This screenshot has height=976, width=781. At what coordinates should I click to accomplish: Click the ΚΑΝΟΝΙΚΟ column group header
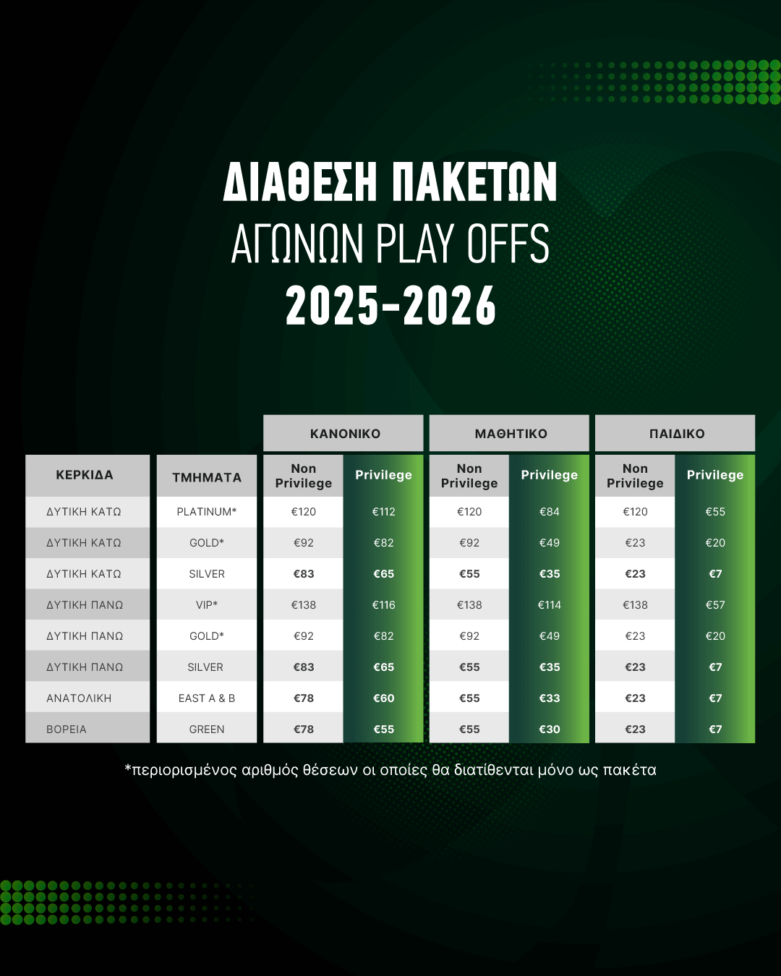tap(345, 434)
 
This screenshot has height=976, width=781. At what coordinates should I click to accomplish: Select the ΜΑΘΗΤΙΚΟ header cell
tap(511, 434)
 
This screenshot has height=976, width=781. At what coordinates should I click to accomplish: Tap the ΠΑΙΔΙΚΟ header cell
tap(677, 434)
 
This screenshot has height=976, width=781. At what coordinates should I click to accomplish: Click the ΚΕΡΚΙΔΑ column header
tap(85, 475)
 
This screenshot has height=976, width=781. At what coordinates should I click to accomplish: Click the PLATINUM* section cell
tap(207, 512)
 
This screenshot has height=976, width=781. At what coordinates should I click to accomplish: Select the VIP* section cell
tap(207, 605)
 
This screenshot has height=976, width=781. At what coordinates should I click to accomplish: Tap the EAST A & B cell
tap(207, 698)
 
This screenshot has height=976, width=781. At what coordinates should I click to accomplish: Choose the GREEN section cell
tap(207, 729)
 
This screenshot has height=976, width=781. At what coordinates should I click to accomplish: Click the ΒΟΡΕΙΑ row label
tap(67, 729)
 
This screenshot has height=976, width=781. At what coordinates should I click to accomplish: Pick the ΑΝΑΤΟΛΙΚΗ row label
tap(79, 698)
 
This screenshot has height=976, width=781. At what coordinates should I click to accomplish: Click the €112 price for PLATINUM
tap(383, 512)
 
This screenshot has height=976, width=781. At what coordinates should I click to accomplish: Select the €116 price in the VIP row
tap(383, 605)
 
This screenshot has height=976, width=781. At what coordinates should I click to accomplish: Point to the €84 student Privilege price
tap(549, 512)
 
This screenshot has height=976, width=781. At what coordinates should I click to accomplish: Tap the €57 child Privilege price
tap(715, 605)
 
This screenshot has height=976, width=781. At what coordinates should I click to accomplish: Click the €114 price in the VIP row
tap(549, 605)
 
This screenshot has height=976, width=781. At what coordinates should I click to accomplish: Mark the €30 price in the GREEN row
tap(549, 729)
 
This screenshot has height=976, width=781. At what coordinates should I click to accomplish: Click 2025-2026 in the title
tap(390, 306)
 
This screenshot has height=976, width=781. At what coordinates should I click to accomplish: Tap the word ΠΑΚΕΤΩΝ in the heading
tap(474, 181)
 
